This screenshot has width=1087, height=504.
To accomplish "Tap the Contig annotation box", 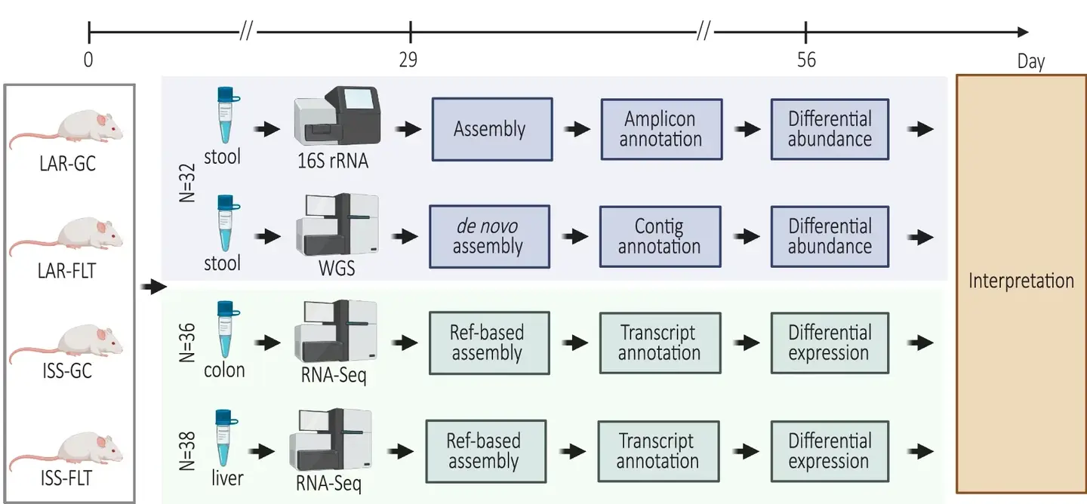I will [x=660, y=237].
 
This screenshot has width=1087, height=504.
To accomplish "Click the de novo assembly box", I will [x=487, y=237].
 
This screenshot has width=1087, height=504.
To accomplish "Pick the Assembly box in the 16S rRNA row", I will [x=490, y=129].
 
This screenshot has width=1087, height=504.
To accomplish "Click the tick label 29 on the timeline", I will [x=408, y=60].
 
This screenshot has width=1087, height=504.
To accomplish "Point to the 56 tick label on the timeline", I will [x=806, y=60].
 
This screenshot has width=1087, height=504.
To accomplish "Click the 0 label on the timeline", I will [x=88, y=60].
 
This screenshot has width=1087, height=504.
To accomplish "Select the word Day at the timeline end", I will [x=1030, y=61].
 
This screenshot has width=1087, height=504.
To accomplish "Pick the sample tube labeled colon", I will [x=224, y=329].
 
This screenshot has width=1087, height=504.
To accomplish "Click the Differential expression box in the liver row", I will [x=829, y=451].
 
